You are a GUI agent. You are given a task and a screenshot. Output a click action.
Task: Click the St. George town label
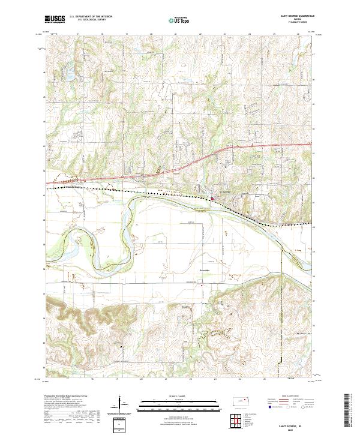point(224,193)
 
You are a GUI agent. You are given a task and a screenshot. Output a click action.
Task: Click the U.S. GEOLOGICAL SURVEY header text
point(87,20)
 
